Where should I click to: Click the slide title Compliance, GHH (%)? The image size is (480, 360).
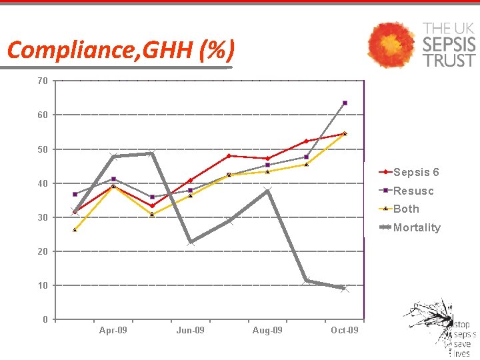point(121,50)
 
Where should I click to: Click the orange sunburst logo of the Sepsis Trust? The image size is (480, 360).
point(392,45)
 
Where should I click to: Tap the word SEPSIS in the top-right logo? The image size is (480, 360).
point(449,44)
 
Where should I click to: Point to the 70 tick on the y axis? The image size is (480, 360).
point(43,81)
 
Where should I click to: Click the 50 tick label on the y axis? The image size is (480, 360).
point(43,149)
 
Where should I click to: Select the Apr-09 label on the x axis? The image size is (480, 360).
point(113,331)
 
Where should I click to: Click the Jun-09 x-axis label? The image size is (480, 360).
point(191,331)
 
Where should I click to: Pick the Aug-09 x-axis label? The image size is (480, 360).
point(267,331)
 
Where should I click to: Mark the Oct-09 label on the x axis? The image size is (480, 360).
point(345,331)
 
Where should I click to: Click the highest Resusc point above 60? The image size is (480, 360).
point(345,103)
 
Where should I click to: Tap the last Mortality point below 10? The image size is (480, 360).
point(345,289)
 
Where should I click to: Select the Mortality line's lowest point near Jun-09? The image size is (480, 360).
point(191,242)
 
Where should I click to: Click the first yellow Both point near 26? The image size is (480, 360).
point(75,230)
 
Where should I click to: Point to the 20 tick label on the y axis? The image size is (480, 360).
point(43,251)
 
